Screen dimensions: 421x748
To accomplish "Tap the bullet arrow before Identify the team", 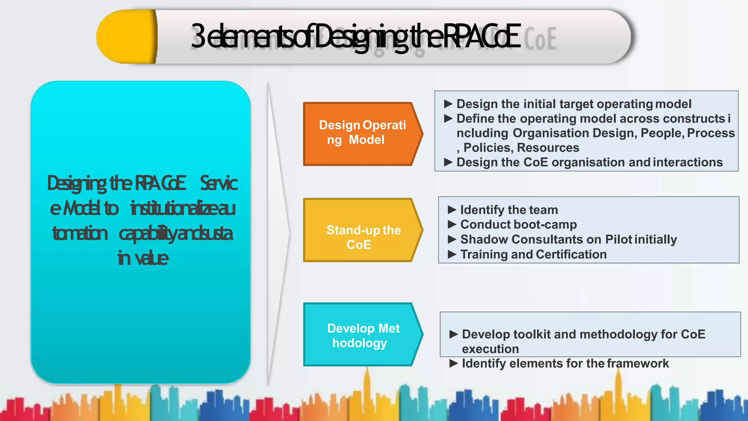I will tap(452, 210).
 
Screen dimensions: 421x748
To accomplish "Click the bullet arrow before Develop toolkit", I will tap(454, 334).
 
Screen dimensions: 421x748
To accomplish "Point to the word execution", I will tap(490, 349).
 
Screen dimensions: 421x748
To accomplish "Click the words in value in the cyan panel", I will tap(143, 258).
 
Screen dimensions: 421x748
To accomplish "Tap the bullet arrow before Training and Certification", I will tap(452, 254).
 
